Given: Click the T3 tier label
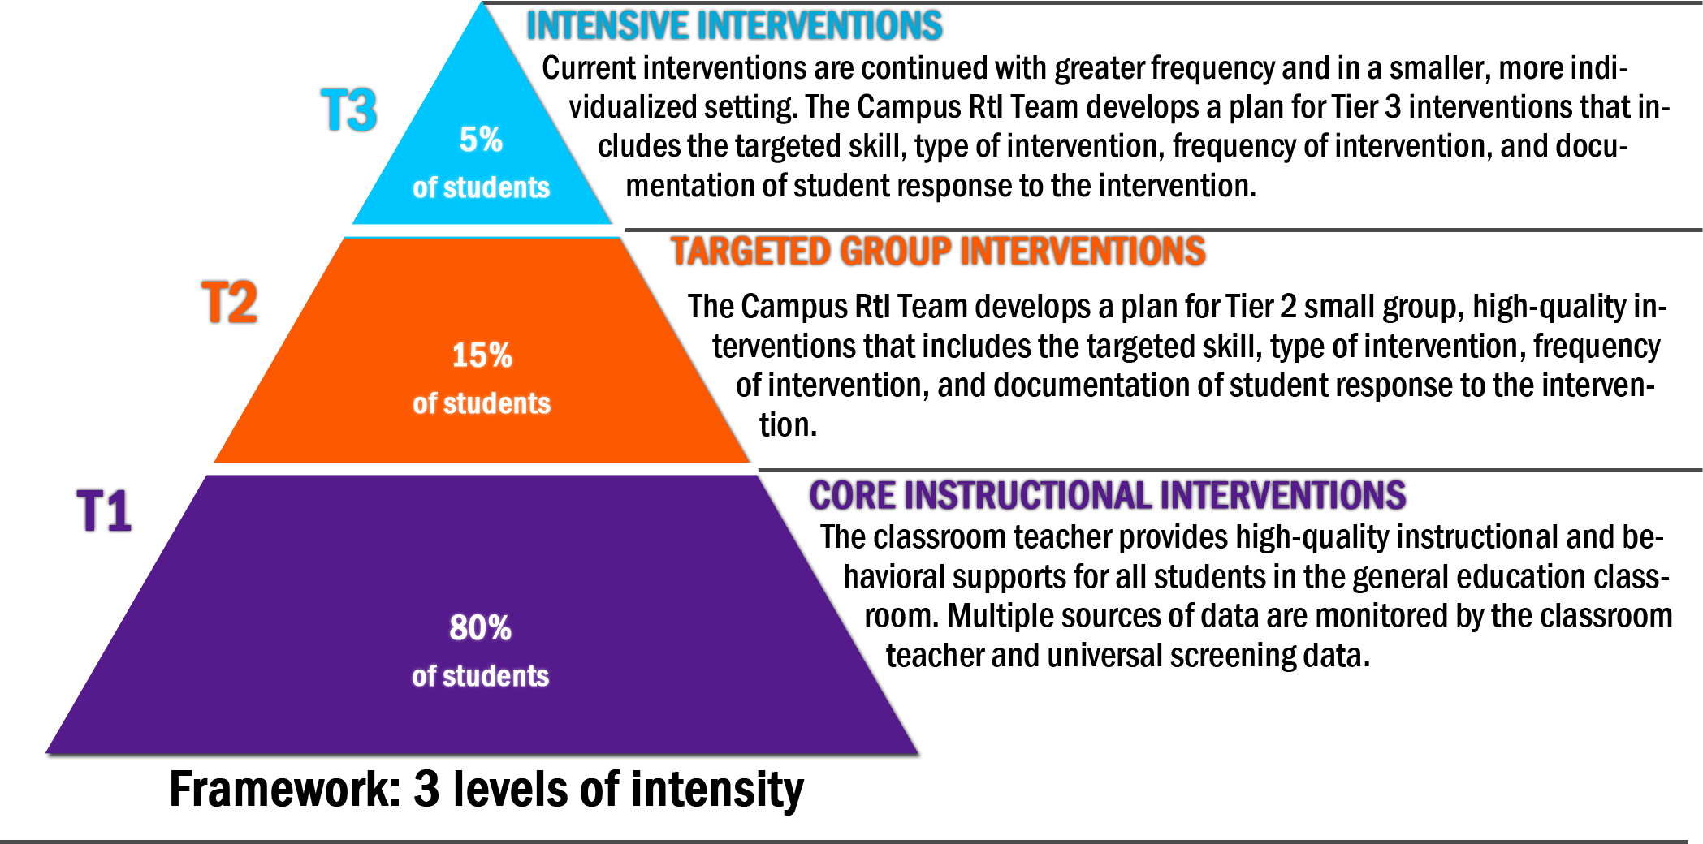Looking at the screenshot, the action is click(x=349, y=110).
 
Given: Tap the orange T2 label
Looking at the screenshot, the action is click(x=230, y=304).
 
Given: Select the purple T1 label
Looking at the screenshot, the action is click(x=105, y=511).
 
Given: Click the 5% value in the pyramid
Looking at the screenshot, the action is click(x=481, y=140).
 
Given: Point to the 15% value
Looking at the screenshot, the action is click(x=482, y=355).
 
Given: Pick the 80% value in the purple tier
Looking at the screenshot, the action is click(x=480, y=628).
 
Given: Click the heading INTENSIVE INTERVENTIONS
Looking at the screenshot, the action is click(x=735, y=26).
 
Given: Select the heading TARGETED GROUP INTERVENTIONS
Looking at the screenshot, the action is click(x=938, y=251).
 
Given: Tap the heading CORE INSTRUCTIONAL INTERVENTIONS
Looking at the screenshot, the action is click(x=1108, y=496).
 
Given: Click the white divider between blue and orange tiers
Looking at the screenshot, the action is click(x=479, y=230).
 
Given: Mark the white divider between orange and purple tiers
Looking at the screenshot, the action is click(x=481, y=468).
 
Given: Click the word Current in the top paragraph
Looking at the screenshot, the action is click(x=588, y=68).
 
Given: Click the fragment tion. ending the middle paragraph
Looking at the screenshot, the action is click(x=788, y=424).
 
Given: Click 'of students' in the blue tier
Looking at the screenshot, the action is click(x=481, y=187).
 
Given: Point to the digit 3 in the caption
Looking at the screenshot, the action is click(x=426, y=789).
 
